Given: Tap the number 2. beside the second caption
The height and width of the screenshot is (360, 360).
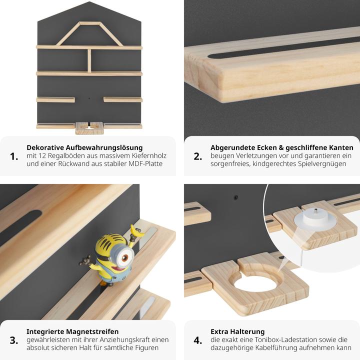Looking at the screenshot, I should pyautogui.click(x=198, y=156).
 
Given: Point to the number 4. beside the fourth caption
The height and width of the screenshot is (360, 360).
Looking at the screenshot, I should pyautogui.click(x=198, y=340).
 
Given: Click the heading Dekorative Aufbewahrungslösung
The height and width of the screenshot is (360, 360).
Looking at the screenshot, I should pyautogui.click(x=84, y=147).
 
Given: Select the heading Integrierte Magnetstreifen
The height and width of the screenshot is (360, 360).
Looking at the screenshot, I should pyautogui.click(x=72, y=331).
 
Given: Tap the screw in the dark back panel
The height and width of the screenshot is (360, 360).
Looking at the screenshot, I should pyautogui.click(x=235, y=197).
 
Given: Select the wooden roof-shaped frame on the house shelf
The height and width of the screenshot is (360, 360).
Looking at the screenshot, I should pyautogui.click(x=89, y=34).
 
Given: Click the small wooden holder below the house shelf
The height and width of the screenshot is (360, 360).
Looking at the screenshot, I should pyautogui.click(x=89, y=128).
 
